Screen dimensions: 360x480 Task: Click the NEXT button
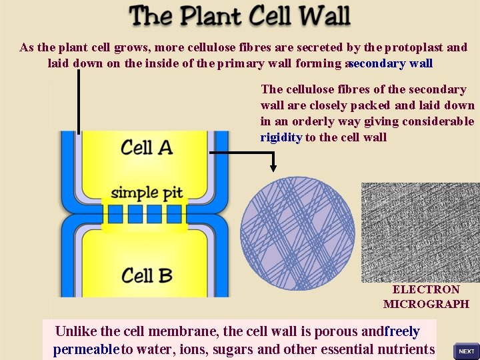click(466, 351)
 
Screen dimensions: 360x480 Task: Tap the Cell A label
click(147, 147)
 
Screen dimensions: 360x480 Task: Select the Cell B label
click(147, 275)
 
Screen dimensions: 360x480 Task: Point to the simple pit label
click(147, 193)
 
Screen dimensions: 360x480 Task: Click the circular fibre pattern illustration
click(297, 233)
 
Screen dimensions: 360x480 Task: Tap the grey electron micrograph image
click(420, 232)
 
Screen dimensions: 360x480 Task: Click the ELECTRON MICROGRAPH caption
click(426, 297)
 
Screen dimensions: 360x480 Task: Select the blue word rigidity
click(281, 137)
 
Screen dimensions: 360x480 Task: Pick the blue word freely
click(402, 331)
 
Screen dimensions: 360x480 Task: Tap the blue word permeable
click(86, 349)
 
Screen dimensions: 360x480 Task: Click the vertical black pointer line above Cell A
click(79, 100)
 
